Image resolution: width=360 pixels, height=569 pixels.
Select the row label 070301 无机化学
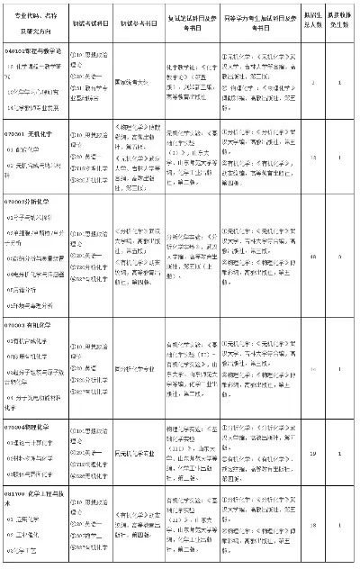point(27,133)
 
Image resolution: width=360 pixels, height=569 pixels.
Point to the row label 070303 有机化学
point(27,321)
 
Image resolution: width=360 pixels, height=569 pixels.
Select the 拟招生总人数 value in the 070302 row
point(311,257)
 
